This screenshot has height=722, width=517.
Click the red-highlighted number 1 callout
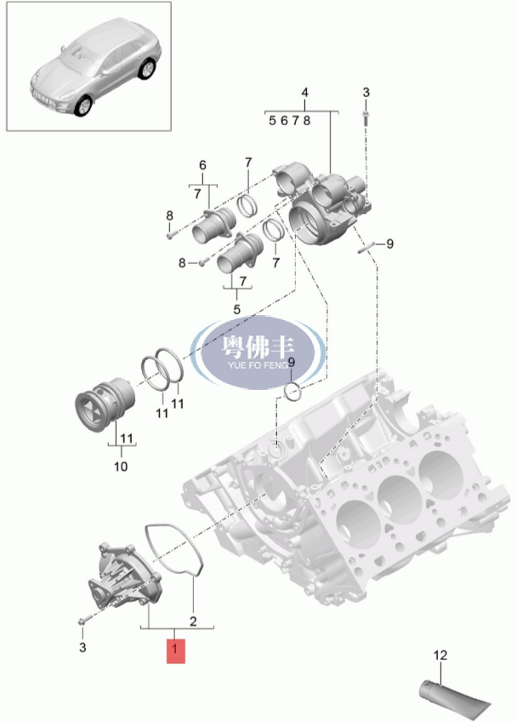[x=176, y=651]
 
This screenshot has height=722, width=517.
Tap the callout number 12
[x=440, y=655]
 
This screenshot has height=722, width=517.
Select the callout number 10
[x=121, y=467]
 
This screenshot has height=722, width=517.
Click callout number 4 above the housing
[x=305, y=93]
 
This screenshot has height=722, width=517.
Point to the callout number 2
[x=193, y=622]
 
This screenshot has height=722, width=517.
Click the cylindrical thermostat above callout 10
[x=105, y=404]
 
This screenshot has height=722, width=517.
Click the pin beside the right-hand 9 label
[x=366, y=246]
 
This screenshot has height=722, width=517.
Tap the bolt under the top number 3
[x=366, y=118]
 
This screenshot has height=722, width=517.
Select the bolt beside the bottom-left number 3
[x=82, y=622]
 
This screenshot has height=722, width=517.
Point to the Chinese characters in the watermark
[x=258, y=347]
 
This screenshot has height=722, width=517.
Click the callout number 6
[x=203, y=165]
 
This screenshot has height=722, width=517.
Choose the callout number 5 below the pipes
[x=237, y=309]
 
